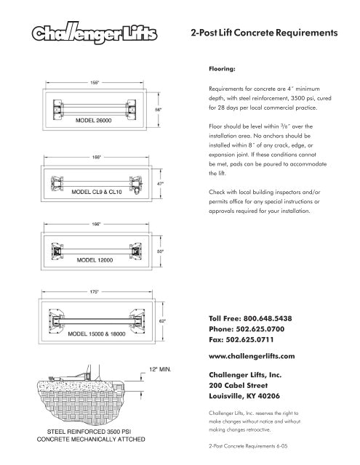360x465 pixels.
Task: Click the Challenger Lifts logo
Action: (95, 33)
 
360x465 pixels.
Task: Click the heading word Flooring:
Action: (222, 69)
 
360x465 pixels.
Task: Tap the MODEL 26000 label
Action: (94, 121)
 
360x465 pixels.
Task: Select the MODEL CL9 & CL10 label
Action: (97, 192)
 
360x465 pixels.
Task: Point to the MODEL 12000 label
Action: (95, 260)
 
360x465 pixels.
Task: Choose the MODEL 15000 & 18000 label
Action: (97, 334)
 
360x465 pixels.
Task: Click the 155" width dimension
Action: (95, 83)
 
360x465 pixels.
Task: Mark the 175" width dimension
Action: (94, 292)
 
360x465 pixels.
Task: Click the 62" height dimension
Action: (162, 321)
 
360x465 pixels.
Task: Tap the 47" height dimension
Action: (160, 184)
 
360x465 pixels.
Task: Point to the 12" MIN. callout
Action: (160, 370)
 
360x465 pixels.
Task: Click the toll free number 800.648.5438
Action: (268, 318)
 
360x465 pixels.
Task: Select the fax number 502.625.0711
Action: (249, 339)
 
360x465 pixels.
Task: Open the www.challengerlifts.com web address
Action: (252, 356)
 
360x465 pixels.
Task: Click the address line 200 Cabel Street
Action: (239, 386)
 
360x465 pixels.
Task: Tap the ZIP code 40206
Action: (269, 396)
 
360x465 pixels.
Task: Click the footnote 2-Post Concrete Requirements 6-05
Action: (248, 445)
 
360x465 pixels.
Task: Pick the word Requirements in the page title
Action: (307, 33)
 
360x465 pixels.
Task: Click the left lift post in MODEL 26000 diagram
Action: (58, 110)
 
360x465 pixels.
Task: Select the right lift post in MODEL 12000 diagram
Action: (136, 251)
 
